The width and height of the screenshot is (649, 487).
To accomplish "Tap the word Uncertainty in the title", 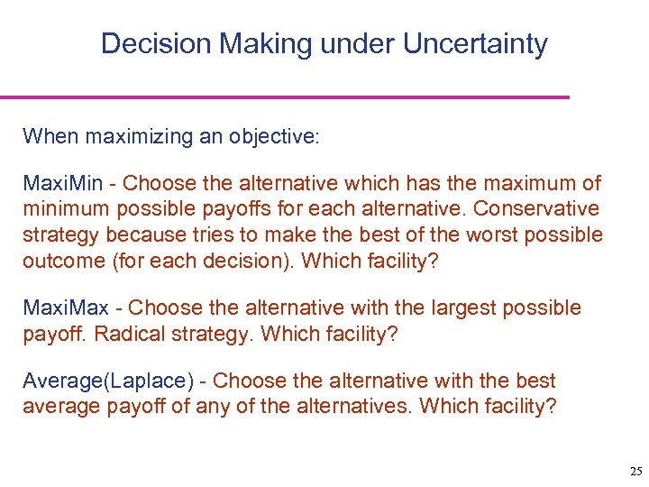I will pos(475,43).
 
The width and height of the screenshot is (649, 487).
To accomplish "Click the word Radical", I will pos(122,333).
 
